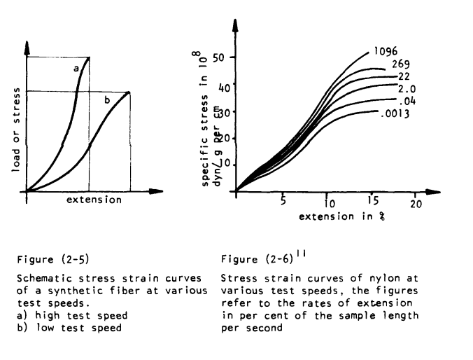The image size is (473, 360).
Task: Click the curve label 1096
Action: point(385,51)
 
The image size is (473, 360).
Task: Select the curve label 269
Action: point(401,64)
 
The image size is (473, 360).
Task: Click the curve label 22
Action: point(403,76)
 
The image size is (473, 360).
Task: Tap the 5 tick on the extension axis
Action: point(283,203)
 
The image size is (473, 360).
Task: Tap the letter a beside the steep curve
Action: point(76,68)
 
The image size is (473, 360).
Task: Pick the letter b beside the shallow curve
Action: point(107,101)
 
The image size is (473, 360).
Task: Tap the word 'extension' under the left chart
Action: point(94,200)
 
